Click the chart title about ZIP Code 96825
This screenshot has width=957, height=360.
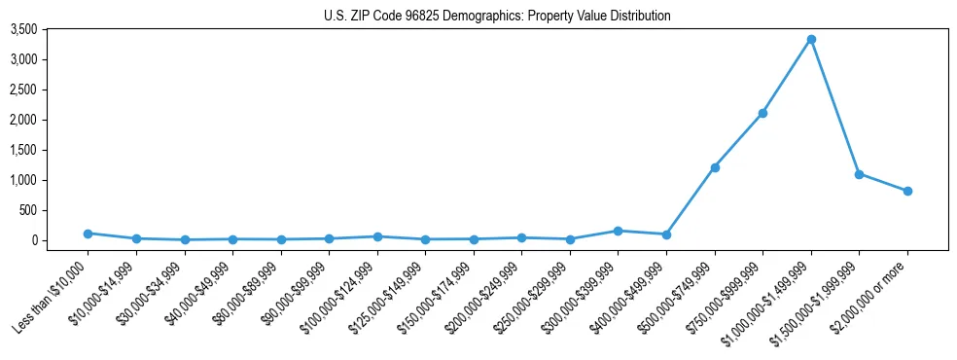click(x=497, y=17)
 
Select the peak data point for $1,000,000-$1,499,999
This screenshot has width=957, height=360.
click(x=811, y=40)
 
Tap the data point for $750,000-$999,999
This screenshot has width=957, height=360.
click(x=762, y=113)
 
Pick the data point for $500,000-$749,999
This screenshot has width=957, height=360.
click(x=715, y=167)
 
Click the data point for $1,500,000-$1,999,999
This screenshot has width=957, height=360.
click(x=859, y=174)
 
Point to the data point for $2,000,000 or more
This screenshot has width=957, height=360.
click(x=907, y=191)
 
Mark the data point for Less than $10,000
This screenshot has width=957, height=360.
click(x=88, y=234)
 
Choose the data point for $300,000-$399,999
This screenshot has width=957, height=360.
click(x=618, y=231)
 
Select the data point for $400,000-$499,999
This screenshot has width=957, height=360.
click(x=666, y=234)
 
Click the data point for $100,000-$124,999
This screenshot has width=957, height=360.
click(x=377, y=236)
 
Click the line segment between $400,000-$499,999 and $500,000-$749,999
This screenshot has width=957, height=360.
click(x=691, y=200)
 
